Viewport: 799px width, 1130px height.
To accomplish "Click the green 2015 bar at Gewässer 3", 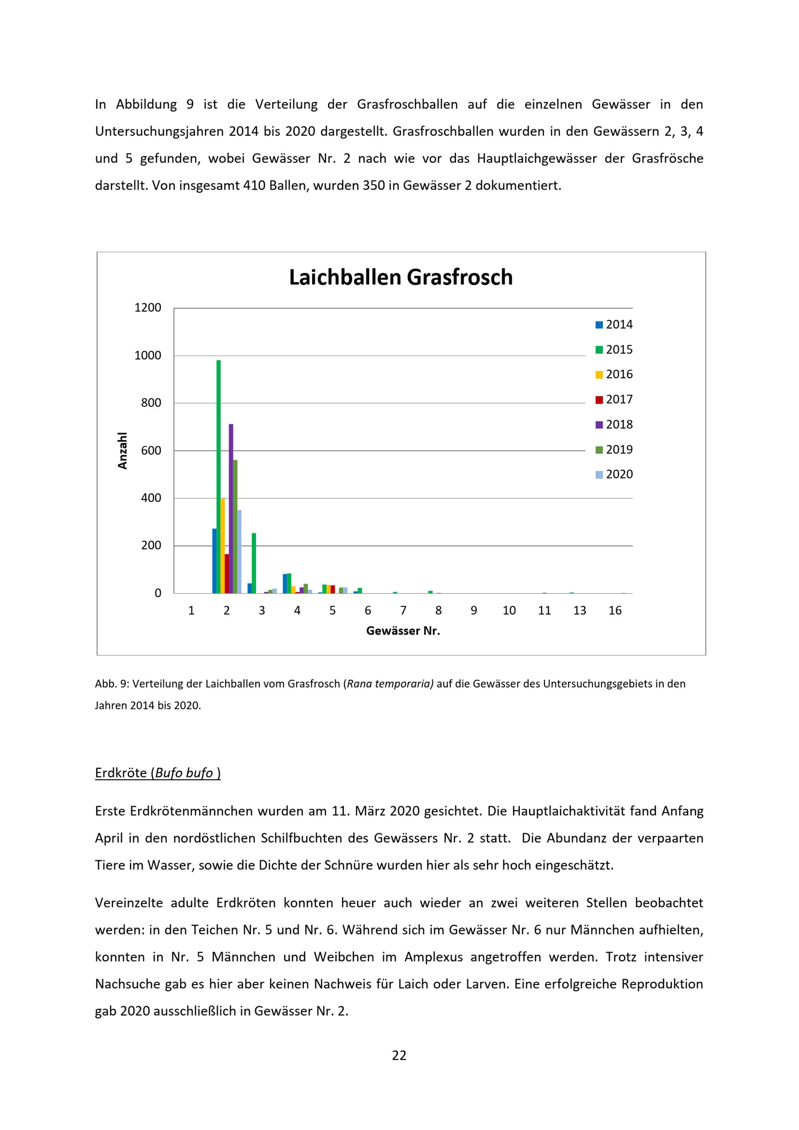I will coord(254,563).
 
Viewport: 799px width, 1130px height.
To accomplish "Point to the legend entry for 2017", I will coord(614,400).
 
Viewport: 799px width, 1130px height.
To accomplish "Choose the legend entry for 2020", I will coord(614,474).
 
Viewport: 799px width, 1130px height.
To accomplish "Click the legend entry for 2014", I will coord(614,325).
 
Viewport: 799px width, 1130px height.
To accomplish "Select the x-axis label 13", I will coord(580,611).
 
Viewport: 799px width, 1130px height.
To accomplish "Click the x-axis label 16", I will coord(615,611).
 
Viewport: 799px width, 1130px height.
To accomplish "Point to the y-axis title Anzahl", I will coord(123,450).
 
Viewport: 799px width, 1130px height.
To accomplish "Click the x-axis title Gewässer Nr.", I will coord(403,631).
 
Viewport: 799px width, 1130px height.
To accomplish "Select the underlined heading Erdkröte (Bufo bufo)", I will coord(157,773).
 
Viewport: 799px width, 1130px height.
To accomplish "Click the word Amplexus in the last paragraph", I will coord(433,957).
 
